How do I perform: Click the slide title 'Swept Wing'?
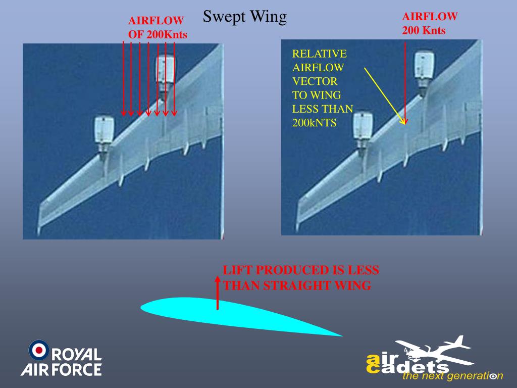point(245,17)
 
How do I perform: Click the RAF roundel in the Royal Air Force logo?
point(39,350)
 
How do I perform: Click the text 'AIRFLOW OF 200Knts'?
point(157,28)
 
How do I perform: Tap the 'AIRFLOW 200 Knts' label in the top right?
point(430,23)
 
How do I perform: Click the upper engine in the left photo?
point(165,73)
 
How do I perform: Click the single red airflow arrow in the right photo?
point(405,81)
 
